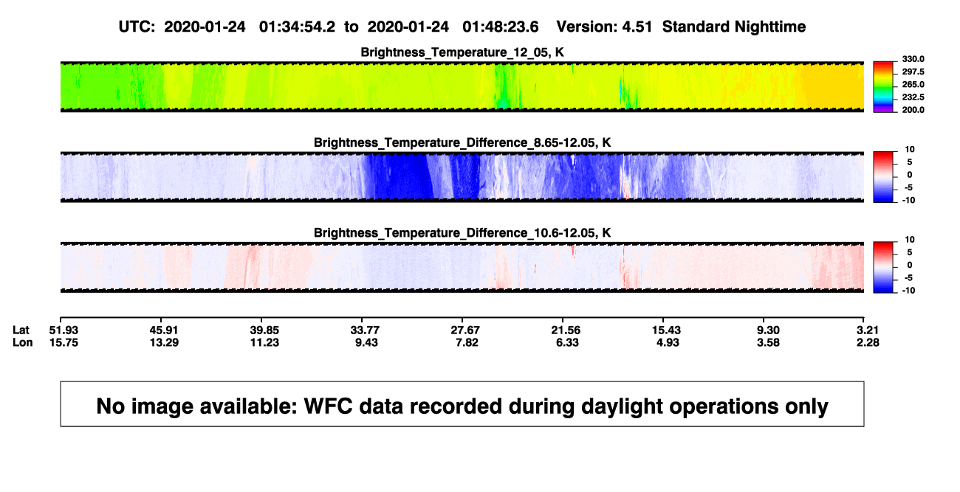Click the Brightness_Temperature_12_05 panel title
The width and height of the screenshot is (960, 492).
pos(462,52)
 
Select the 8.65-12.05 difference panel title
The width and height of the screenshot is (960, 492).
pos(462,142)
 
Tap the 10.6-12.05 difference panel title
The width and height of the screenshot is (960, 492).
pos(462,233)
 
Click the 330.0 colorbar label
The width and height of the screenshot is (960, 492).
pos(913,59)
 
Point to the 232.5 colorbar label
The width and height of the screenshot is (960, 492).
pos(913,97)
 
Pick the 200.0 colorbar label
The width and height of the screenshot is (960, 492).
pos(913,110)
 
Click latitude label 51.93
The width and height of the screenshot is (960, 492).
pos(64,330)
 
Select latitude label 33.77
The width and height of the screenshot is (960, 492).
pos(365,330)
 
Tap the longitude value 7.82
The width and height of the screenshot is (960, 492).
pos(467,342)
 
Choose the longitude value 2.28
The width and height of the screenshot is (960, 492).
pos(868,342)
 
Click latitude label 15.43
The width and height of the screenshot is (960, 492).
pos(666,330)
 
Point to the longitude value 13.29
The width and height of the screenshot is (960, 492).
pos(164,342)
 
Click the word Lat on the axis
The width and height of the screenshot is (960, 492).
pos(21,330)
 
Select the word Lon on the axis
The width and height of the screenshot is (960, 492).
pos(23,342)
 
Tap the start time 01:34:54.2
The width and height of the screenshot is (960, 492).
pos(297,27)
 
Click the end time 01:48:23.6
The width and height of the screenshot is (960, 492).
pos(501,27)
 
